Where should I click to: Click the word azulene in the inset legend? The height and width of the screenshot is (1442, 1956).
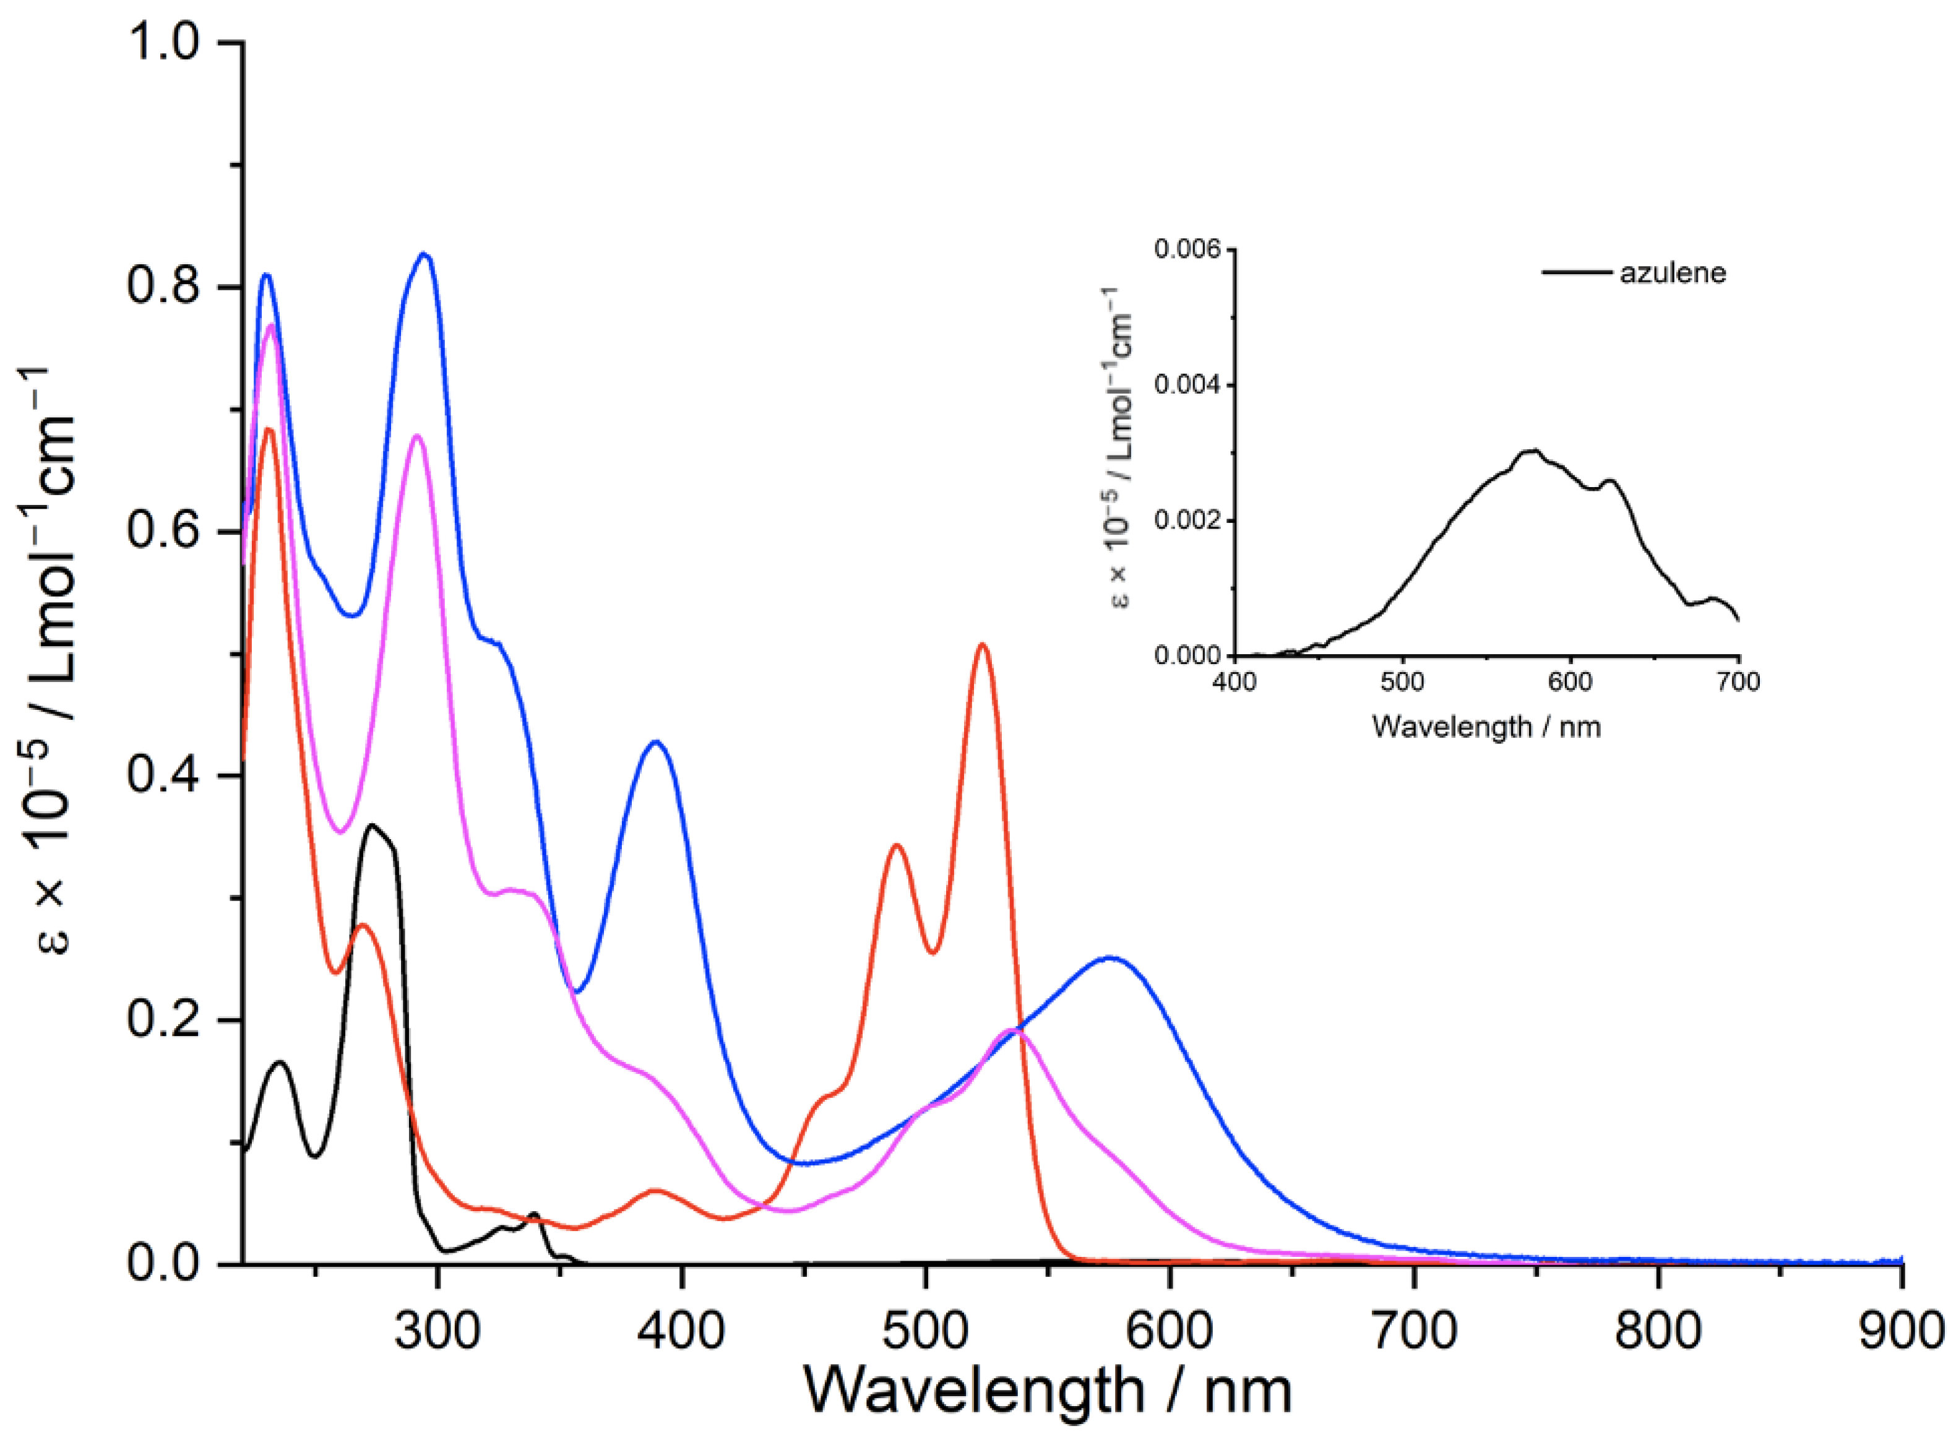1673,273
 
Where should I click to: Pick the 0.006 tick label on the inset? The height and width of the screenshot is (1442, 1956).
1190,249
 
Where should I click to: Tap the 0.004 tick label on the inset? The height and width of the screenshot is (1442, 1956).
1190,385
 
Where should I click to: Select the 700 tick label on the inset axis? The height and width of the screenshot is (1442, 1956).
1738,682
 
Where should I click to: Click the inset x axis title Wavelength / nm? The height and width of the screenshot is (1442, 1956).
1486,726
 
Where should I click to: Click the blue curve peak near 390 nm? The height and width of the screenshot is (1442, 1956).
655,742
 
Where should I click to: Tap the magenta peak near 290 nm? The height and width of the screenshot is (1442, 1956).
417,436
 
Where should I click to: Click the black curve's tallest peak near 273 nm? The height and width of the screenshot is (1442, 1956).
373,825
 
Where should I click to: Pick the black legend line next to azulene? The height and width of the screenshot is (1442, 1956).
1576,273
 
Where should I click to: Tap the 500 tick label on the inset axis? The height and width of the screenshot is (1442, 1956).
1403,682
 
